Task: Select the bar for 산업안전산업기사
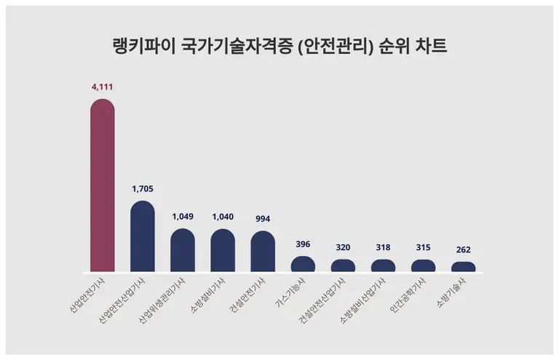[x=143, y=236]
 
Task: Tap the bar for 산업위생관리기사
[x=183, y=250]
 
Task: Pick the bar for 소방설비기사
[x=223, y=250]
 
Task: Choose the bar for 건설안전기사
[x=263, y=252]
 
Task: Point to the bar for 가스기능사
[x=303, y=264]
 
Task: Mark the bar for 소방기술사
[x=464, y=267]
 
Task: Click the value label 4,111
[x=102, y=87]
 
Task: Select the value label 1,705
[x=143, y=188]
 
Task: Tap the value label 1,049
[x=183, y=216]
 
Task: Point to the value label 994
[x=263, y=218]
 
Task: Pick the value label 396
[x=303, y=244]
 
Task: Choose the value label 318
[x=384, y=247]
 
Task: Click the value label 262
[x=464, y=249]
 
